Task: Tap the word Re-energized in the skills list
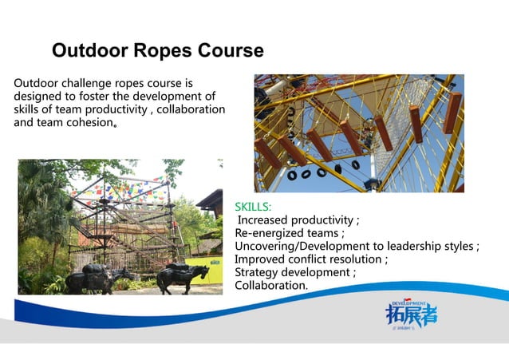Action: pyautogui.click(x=270, y=233)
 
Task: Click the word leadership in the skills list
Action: pyautogui.click(x=417, y=247)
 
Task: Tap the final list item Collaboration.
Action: pyautogui.click(x=270, y=286)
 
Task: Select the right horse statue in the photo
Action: pyautogui.click(x=183, y=276)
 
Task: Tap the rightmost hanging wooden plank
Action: pyautogui.click(x=452, y=112)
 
